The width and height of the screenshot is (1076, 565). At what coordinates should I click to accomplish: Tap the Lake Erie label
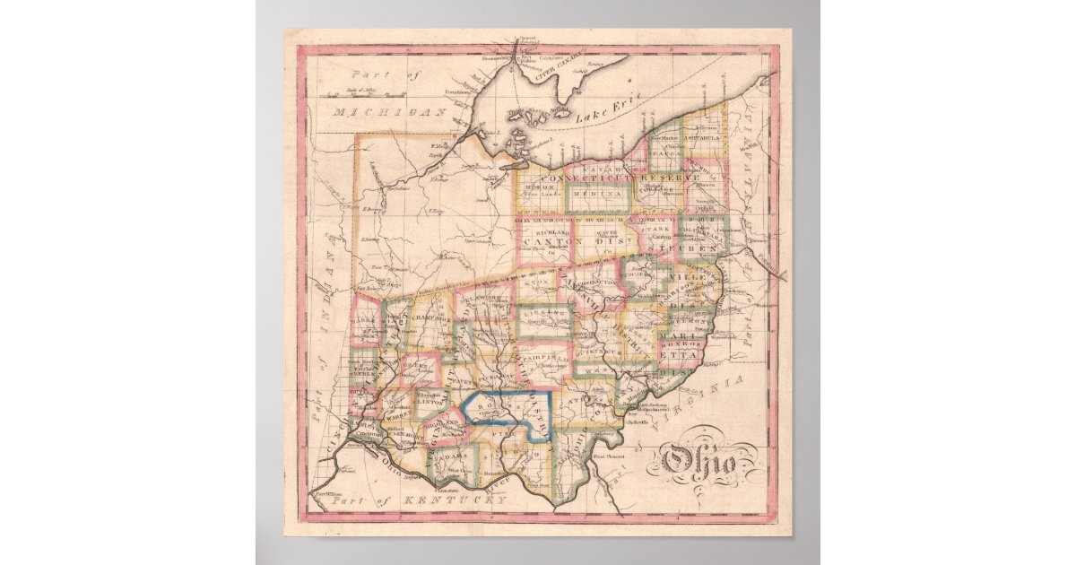(600, 112)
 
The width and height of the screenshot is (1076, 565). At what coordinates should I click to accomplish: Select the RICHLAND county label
(542, 230)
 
